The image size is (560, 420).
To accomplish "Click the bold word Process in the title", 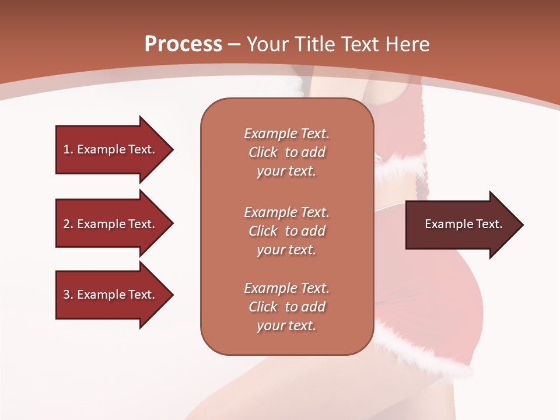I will (183, 44).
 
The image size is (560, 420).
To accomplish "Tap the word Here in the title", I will (407, 44).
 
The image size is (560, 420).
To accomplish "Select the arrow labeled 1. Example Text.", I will (111, 149).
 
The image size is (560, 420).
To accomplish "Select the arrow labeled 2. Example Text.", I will (111, 224).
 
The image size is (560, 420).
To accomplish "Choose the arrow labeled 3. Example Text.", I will (111, 295).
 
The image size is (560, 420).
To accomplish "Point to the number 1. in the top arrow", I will (68, 149).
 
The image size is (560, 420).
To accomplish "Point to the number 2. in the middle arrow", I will (68, 224).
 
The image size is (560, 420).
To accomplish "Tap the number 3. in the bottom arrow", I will (68, 295).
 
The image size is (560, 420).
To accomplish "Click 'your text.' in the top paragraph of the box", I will (286, 171).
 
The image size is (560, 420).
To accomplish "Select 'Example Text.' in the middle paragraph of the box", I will (286, 212).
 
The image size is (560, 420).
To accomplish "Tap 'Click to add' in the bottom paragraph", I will (286, 307).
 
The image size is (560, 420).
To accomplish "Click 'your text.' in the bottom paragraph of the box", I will (286, 325).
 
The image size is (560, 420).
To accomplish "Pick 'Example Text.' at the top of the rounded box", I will (286, 134).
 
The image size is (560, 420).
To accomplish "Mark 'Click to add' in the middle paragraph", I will (286, 231).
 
